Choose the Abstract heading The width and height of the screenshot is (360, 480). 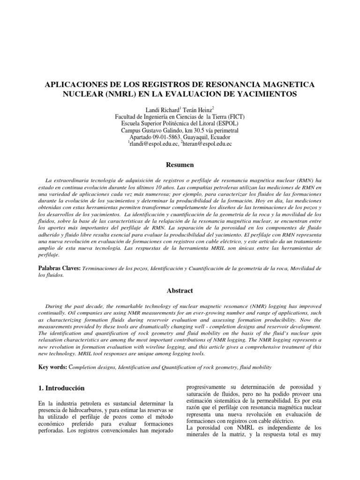(180, 290)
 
